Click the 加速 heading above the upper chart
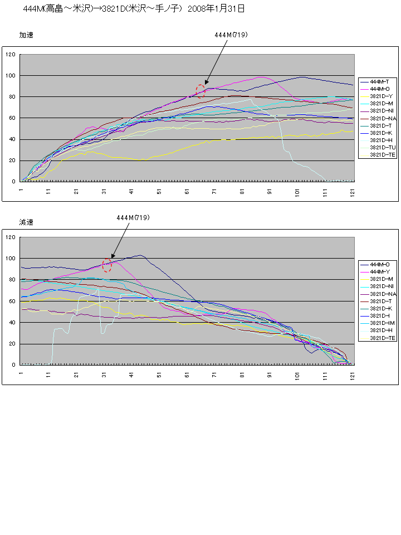pyautogui.click(x=26, y=35)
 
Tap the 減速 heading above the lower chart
pyautogui.click(x=26, y=222)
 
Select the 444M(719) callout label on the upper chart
pyautogui.click(x=231, y=35)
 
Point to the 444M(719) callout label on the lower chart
pyautogui.click(x=133, y=217)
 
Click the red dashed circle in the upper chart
pyautogui.click(x=200, y=91)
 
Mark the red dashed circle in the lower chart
pyautogui.click(x=107, y=265)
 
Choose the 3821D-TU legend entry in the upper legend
pyautogui.click(x=382, y=147)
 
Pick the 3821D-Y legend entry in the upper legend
pyautogui.click(x=381, y=96)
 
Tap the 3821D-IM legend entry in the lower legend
pyautogui.click(x=382, y=323)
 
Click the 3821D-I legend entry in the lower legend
pyautogui.click(x=380, y=315)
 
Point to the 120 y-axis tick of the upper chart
pyautogui.click(x=11, y=55)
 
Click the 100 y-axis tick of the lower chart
pyautogui.click(x=11, y=259)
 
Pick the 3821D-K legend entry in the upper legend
pyautogui.click(x=381, y=133)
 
